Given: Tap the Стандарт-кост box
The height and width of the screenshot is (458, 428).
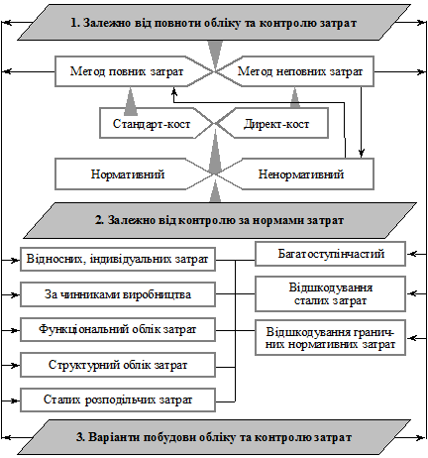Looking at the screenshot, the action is tap(152, 124).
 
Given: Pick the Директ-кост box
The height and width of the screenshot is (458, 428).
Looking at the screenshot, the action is tap(276, 124).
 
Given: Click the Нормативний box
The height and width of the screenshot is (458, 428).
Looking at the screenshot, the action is tap(128, 174).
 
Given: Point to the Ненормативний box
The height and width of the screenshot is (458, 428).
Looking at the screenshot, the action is tap(301, 174).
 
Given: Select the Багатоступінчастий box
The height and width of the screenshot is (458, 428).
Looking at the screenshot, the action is tap(330, 254).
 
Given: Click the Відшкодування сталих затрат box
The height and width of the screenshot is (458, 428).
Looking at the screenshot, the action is tap(330, 293).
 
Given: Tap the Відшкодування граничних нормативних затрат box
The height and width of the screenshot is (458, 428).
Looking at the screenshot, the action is tap(330, 338).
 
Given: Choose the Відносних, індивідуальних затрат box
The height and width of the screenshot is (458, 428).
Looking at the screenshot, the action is tap(118, 259).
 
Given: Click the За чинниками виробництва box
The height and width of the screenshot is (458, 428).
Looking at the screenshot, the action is tap(118, 294).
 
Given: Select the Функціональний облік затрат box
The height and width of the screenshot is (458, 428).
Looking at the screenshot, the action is tap(118, 329).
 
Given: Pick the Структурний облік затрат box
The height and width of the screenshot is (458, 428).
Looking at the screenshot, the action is tap(118, 365).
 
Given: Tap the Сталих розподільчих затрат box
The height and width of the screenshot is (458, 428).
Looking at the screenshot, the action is tap(118, 400).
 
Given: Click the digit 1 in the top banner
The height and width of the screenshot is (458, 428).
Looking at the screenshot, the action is tap(74, 23).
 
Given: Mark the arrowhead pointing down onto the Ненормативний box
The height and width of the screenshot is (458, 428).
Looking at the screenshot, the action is tap(362, 154).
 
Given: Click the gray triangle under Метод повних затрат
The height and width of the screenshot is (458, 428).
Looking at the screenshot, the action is tap(131, 97).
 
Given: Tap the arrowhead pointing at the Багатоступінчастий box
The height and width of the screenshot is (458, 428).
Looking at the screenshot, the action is tap(411, 254).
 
